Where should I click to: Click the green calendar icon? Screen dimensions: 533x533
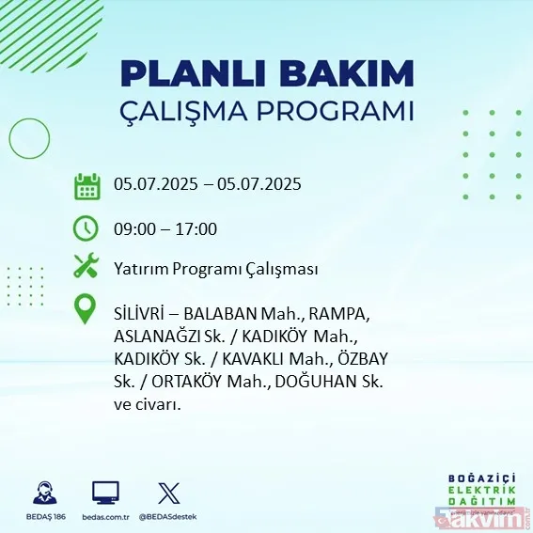[x=86, y=185]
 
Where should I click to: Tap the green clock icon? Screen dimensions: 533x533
[x=86, y=227]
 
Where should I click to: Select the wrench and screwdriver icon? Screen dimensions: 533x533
[x=86, y=267]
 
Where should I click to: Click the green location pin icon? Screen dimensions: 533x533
[x=86, y=308]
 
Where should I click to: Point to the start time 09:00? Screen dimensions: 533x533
[x=133, y=228]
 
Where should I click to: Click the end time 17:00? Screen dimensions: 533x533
[x=197, y=228]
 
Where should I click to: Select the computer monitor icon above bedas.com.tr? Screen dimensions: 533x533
[x=105, y=493]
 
